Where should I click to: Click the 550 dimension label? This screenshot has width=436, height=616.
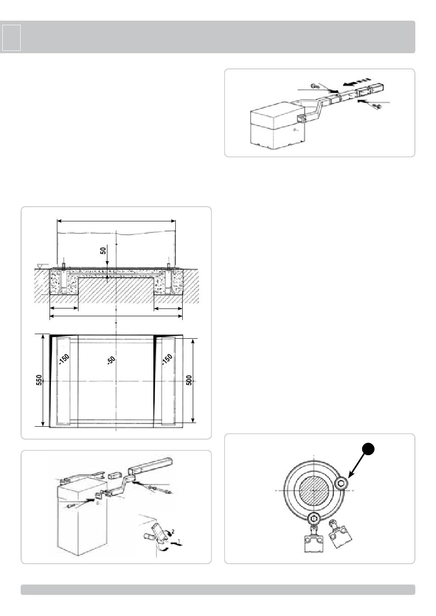tap(39, 380)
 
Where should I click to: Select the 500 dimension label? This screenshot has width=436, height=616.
tap(189, 380)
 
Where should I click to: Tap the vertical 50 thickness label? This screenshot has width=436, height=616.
tap(103, 251)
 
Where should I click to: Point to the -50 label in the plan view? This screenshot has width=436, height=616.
tap(111, 360)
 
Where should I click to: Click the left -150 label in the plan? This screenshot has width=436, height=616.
tap(64, 360)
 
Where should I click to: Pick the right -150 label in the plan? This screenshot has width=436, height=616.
tap(167, 360)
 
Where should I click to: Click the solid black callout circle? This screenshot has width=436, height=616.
tap(368, 449)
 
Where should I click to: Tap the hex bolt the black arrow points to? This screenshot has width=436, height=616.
tap(341, 483)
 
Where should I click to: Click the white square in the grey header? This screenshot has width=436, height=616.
tap(11, 38)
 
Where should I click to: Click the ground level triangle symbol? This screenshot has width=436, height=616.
tap(41, 266)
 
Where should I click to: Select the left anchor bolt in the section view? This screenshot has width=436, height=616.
tap(63, 267)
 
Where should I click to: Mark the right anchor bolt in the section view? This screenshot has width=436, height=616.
tap(168, 267)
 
